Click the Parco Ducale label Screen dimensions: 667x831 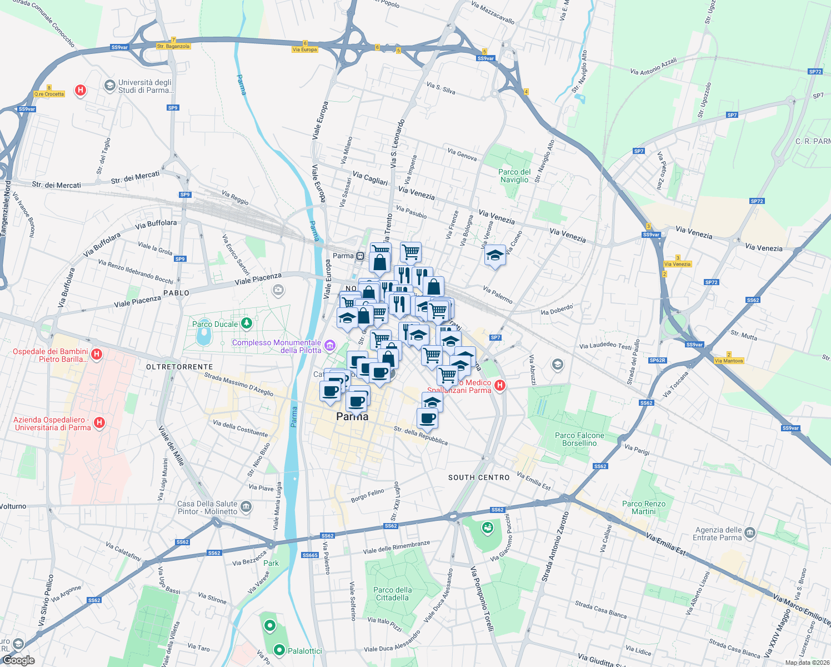[x=215, y=324]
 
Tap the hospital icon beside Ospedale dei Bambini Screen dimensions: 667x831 [x=97, y=355]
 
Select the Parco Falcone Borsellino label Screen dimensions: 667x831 [x=579, y=439]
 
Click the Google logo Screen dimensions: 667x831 [x=18, y=660]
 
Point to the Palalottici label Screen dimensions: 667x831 [x=304, y=650]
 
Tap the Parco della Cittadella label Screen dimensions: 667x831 [x=393, y=594]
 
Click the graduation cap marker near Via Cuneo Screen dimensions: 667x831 [x=494, y=256]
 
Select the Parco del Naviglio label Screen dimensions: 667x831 [x=514, y=176]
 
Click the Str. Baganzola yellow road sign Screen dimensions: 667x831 [x=173, y=47]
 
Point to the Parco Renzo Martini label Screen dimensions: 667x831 [x=644, y=507]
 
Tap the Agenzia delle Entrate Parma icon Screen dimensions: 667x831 [x=749, y=533]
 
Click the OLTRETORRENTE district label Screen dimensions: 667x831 [x=179, y=367]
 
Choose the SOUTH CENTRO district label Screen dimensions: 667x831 [x=479, y=477]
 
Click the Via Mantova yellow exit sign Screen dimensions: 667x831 [x=729, y=361]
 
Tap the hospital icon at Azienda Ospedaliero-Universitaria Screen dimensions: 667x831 [x=99, y=423]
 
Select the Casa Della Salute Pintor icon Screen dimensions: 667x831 [x=246, y=507]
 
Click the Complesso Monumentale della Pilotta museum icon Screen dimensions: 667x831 [x=330, y=346]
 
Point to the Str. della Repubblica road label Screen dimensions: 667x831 [x=420, y=436]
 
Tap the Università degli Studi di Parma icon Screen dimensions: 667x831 [x=109, y=85]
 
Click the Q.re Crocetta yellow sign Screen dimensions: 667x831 [x=49, y=94]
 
